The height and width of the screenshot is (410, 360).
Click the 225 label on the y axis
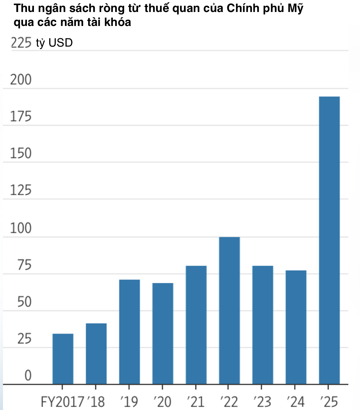click(x=21, y=43)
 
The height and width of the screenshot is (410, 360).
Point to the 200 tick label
click(x=21, y=80)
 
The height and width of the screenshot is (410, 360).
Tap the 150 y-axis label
click(x=21, y=154)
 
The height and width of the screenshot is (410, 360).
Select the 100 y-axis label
click(x=21, y=228)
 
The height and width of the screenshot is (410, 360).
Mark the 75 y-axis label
click(x=24, y=265)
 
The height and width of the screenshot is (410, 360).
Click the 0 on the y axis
click(x=28, y=375)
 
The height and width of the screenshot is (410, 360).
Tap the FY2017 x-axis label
click(x=62, y=402)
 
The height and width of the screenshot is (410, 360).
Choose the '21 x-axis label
click(x=196, y=402)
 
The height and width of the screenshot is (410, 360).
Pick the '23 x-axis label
click(x=262, y=402)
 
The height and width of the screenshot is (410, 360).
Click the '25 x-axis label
click(x=329, y=402)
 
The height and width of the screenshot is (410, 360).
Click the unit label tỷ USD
click(x=54, y=43)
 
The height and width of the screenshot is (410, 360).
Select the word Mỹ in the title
click(x=295, y=9)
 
